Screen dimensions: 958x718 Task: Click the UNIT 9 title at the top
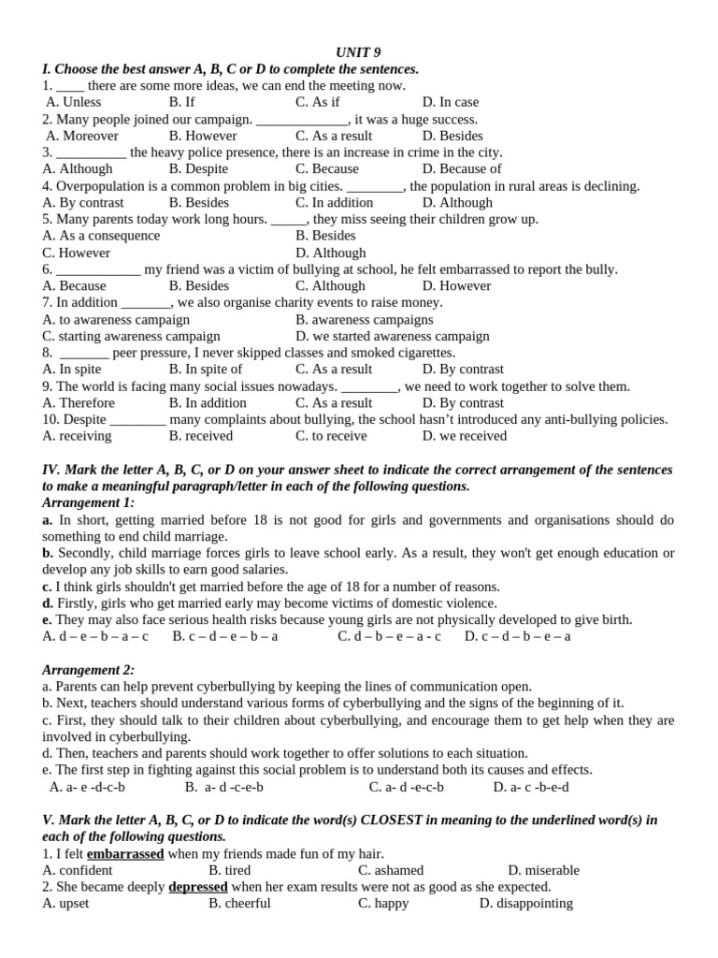[358, 52]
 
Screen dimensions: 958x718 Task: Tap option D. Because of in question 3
[461, 169]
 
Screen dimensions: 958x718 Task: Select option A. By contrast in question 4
[83, 203]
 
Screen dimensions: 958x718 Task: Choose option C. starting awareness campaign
[132, 336]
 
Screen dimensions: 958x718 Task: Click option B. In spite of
[206, 370]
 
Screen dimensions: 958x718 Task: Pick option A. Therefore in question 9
[79, 403]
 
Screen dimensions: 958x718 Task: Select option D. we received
[464, 436]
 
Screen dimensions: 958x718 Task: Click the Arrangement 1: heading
[89, 503]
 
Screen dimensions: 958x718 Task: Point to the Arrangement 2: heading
[89, 670]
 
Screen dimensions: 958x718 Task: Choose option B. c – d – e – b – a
[225, 636]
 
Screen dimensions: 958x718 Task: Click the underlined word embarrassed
[125, 854]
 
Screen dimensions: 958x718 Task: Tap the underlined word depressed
[198, 887]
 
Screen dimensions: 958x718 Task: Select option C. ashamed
[391, 870]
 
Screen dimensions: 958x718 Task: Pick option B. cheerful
[239, 904]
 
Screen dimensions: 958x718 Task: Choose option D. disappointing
[525, 904]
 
